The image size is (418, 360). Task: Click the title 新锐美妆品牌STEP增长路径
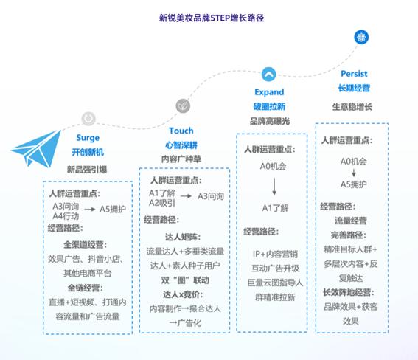212,18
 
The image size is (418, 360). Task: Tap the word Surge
88,138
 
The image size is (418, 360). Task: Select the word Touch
181,131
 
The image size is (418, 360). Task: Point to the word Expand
269,92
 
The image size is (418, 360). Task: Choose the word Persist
354,74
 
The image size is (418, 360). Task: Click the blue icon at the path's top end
361,37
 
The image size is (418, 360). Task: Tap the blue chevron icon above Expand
268,74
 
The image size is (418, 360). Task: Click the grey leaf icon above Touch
183,106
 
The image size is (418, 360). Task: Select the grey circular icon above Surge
88,118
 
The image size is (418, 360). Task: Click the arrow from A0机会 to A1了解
274,187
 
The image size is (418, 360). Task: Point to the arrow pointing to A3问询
186,196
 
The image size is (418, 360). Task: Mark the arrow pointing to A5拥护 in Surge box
90,210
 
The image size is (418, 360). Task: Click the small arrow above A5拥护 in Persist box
354,173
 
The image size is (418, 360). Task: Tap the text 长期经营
354,88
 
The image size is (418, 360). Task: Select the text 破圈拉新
269,107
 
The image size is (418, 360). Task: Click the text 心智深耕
181,145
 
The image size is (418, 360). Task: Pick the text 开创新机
88,152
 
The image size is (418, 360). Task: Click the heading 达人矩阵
183,237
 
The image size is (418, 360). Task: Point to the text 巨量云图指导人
275,283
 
